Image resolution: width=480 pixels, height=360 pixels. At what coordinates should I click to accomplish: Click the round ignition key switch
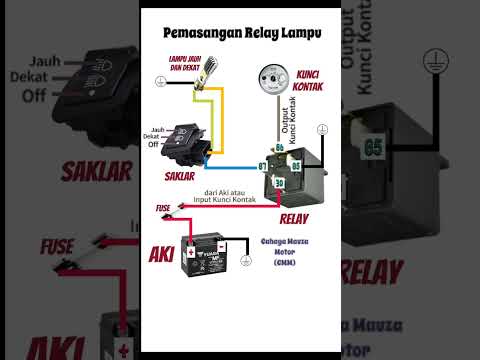tap(268, 78)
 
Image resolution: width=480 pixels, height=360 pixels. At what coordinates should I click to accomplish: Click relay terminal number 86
tap(280, 148)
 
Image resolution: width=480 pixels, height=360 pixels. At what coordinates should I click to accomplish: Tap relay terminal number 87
tap(262, 165)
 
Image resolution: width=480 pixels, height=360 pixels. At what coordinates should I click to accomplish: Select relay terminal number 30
tap(280, 182)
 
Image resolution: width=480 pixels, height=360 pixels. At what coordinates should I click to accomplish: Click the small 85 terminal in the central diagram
tap(296, 165)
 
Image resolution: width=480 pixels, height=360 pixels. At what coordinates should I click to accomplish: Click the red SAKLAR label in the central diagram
tap(179, 176)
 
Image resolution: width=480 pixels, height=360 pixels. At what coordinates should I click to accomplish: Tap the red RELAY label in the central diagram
tap(295, 217)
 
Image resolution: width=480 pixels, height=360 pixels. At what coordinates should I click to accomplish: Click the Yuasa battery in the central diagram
tap(203, 254)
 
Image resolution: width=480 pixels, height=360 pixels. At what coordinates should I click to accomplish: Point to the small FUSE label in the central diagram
tap(163, 208)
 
